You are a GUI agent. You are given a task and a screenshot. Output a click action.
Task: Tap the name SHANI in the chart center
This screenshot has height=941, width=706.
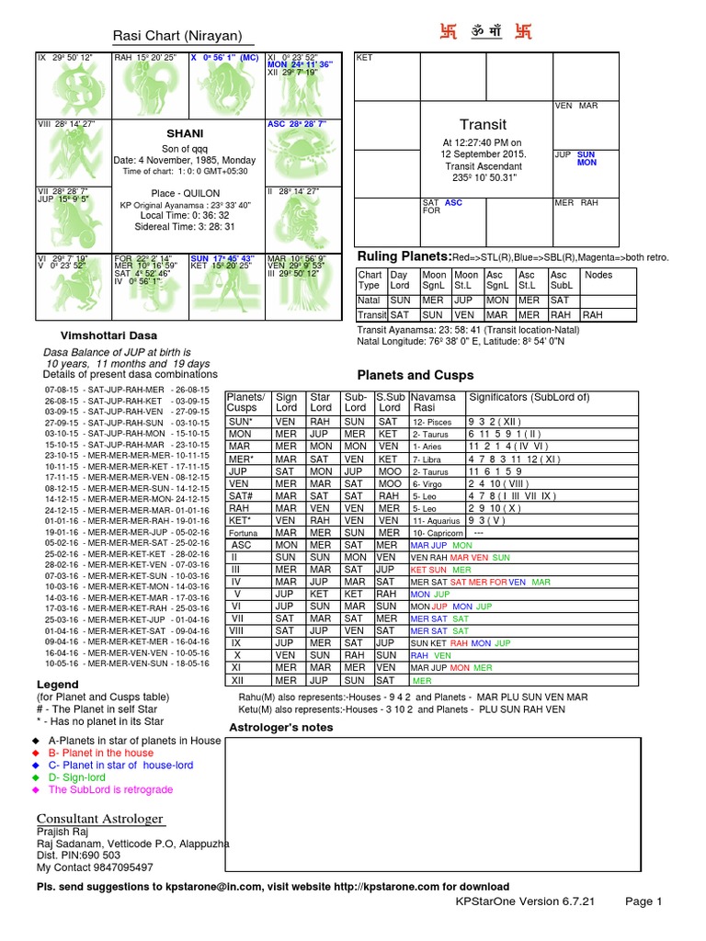[184, 133]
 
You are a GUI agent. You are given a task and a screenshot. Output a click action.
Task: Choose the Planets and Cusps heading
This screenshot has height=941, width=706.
[415, 375]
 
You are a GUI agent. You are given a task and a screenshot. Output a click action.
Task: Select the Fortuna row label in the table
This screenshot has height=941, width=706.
[243, 532]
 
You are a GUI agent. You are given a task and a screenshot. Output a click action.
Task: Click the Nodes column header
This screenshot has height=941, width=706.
[598, 275]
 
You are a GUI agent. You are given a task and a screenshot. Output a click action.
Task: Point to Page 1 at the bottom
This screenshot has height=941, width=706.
[643, 901]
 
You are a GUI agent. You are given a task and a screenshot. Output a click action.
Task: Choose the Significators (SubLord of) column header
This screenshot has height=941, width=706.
[529, 397]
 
